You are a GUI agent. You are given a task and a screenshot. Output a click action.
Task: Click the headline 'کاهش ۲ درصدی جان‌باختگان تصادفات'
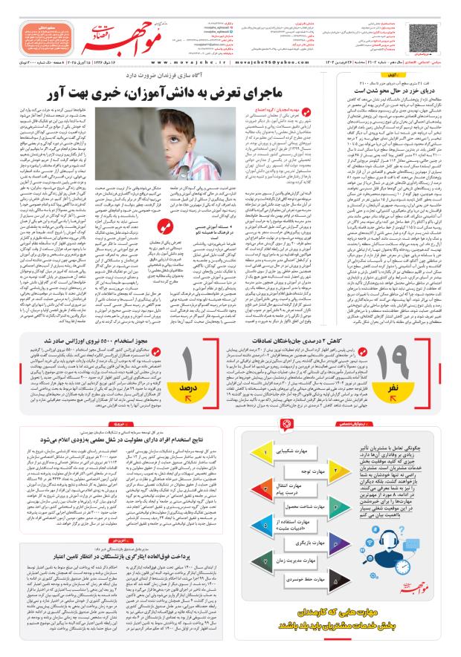pyautogui.click(x=313, y=340)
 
